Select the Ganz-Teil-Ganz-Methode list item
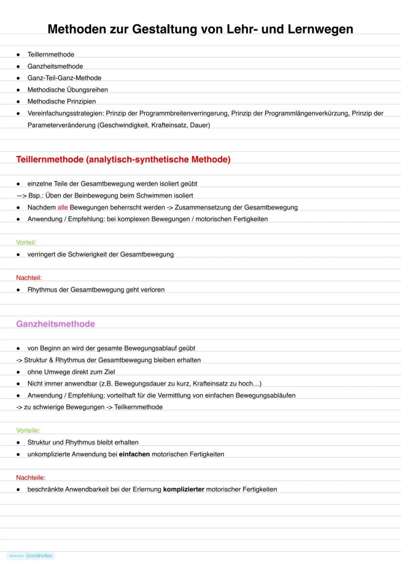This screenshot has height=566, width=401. (x=64, y=78)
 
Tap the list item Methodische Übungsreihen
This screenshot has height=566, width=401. (x=68, y=89)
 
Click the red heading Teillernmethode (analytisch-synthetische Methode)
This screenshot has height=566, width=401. (x=123, y=160)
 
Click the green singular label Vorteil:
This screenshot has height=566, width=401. (x=26, y=242)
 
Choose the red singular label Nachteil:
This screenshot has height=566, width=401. (x=29, y=277)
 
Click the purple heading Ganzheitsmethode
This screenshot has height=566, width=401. (x=55, y=324)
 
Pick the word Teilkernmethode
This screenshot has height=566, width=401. (x=139, y=407)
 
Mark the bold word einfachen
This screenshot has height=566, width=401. (x=134, y=454)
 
